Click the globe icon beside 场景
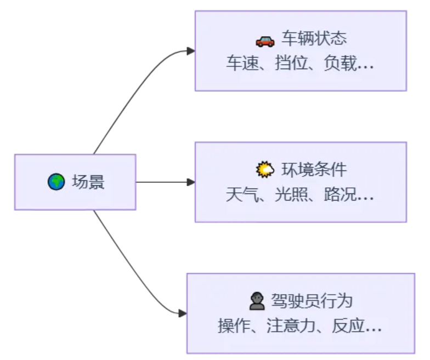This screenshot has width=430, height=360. (56, 182)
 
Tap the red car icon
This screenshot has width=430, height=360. (265, 42)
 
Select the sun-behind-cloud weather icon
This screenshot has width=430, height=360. (264, 170)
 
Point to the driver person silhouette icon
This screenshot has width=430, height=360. (257, 301)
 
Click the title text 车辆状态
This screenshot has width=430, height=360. (314, 38)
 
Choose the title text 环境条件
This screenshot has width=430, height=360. (314, 170)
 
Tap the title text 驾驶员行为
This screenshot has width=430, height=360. (312, 301)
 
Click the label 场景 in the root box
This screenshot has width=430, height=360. (88, 182)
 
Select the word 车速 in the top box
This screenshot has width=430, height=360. (242, 63)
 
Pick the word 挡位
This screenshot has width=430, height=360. (291, 63)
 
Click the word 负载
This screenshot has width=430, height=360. (340, 63)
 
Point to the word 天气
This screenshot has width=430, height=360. (242, 195)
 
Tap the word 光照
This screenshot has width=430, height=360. (291, 195)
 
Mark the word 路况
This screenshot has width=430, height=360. (340, 195)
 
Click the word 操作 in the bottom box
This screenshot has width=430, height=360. (234, 325)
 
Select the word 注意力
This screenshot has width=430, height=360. (291, 325)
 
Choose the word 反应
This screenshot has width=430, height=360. (348, 325)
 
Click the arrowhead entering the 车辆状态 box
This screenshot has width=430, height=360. (191, 51)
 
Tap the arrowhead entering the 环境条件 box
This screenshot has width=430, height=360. (191, 182)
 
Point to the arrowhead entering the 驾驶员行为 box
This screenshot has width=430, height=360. (183, 313)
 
